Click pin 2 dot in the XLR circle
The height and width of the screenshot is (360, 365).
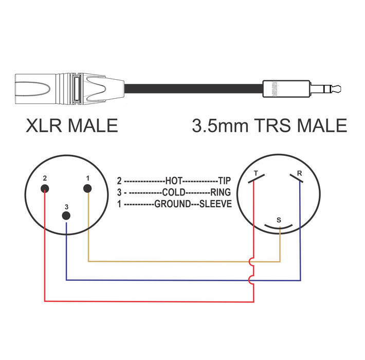(x=45, y=189)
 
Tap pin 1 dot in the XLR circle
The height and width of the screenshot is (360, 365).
(x=88, y=189)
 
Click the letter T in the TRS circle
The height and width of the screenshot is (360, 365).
(x=255, y=173)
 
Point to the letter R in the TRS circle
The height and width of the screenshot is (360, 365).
(x=299, y=173)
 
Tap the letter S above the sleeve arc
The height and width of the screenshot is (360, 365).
(x=279, y=220)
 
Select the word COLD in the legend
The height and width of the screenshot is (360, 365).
(x=174, y=192)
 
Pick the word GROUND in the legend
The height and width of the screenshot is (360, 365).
(x=172, y=204)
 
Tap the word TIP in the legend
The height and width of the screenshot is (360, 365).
(x=224, y=181)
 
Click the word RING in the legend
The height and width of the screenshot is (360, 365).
(x=221, y=192)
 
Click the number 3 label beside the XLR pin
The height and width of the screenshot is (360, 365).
(x=66, y=206)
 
